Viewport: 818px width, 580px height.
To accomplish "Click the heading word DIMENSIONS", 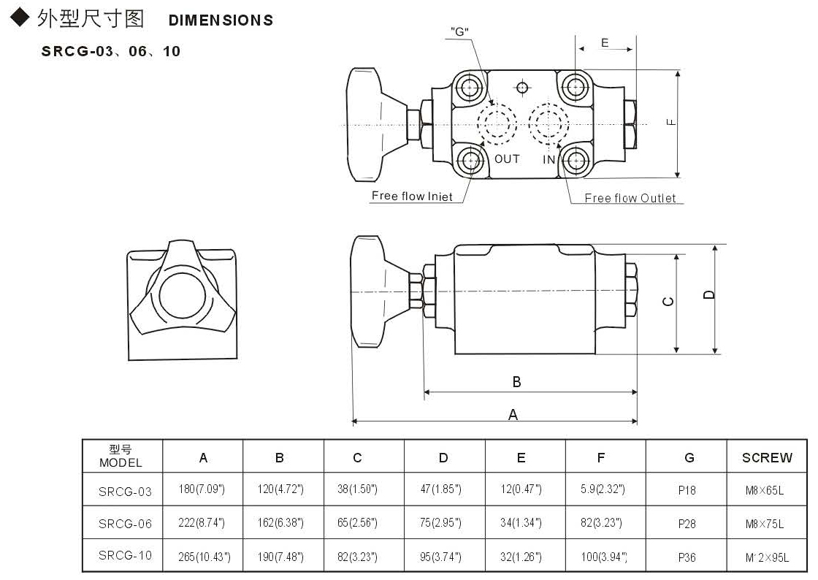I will (x=221, y=20).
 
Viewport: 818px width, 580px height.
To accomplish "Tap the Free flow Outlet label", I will (x=630, y=198).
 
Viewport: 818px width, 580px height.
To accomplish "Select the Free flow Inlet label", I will (x=412, y=196).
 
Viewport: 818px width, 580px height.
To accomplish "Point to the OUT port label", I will (x=507, y=159).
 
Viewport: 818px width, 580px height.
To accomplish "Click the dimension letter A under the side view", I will (x=513, y=414).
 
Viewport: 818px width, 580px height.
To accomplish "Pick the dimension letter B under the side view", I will (x=516, y=382).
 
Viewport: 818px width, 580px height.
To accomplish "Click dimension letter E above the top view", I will (x=605, y=43).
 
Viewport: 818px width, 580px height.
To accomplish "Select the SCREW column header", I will (x=767, y=458).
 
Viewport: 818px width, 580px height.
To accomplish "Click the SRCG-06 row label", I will (x=125, y=524).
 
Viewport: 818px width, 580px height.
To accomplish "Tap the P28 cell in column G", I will (x=687, y=524).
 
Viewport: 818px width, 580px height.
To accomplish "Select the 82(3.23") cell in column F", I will (x=600, y=524).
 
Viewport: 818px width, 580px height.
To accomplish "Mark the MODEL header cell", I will (x=121, y=457).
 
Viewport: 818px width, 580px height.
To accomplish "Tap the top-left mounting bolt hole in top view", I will (x=468, y=88).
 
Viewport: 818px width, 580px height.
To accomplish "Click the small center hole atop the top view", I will (x=521, y=88).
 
